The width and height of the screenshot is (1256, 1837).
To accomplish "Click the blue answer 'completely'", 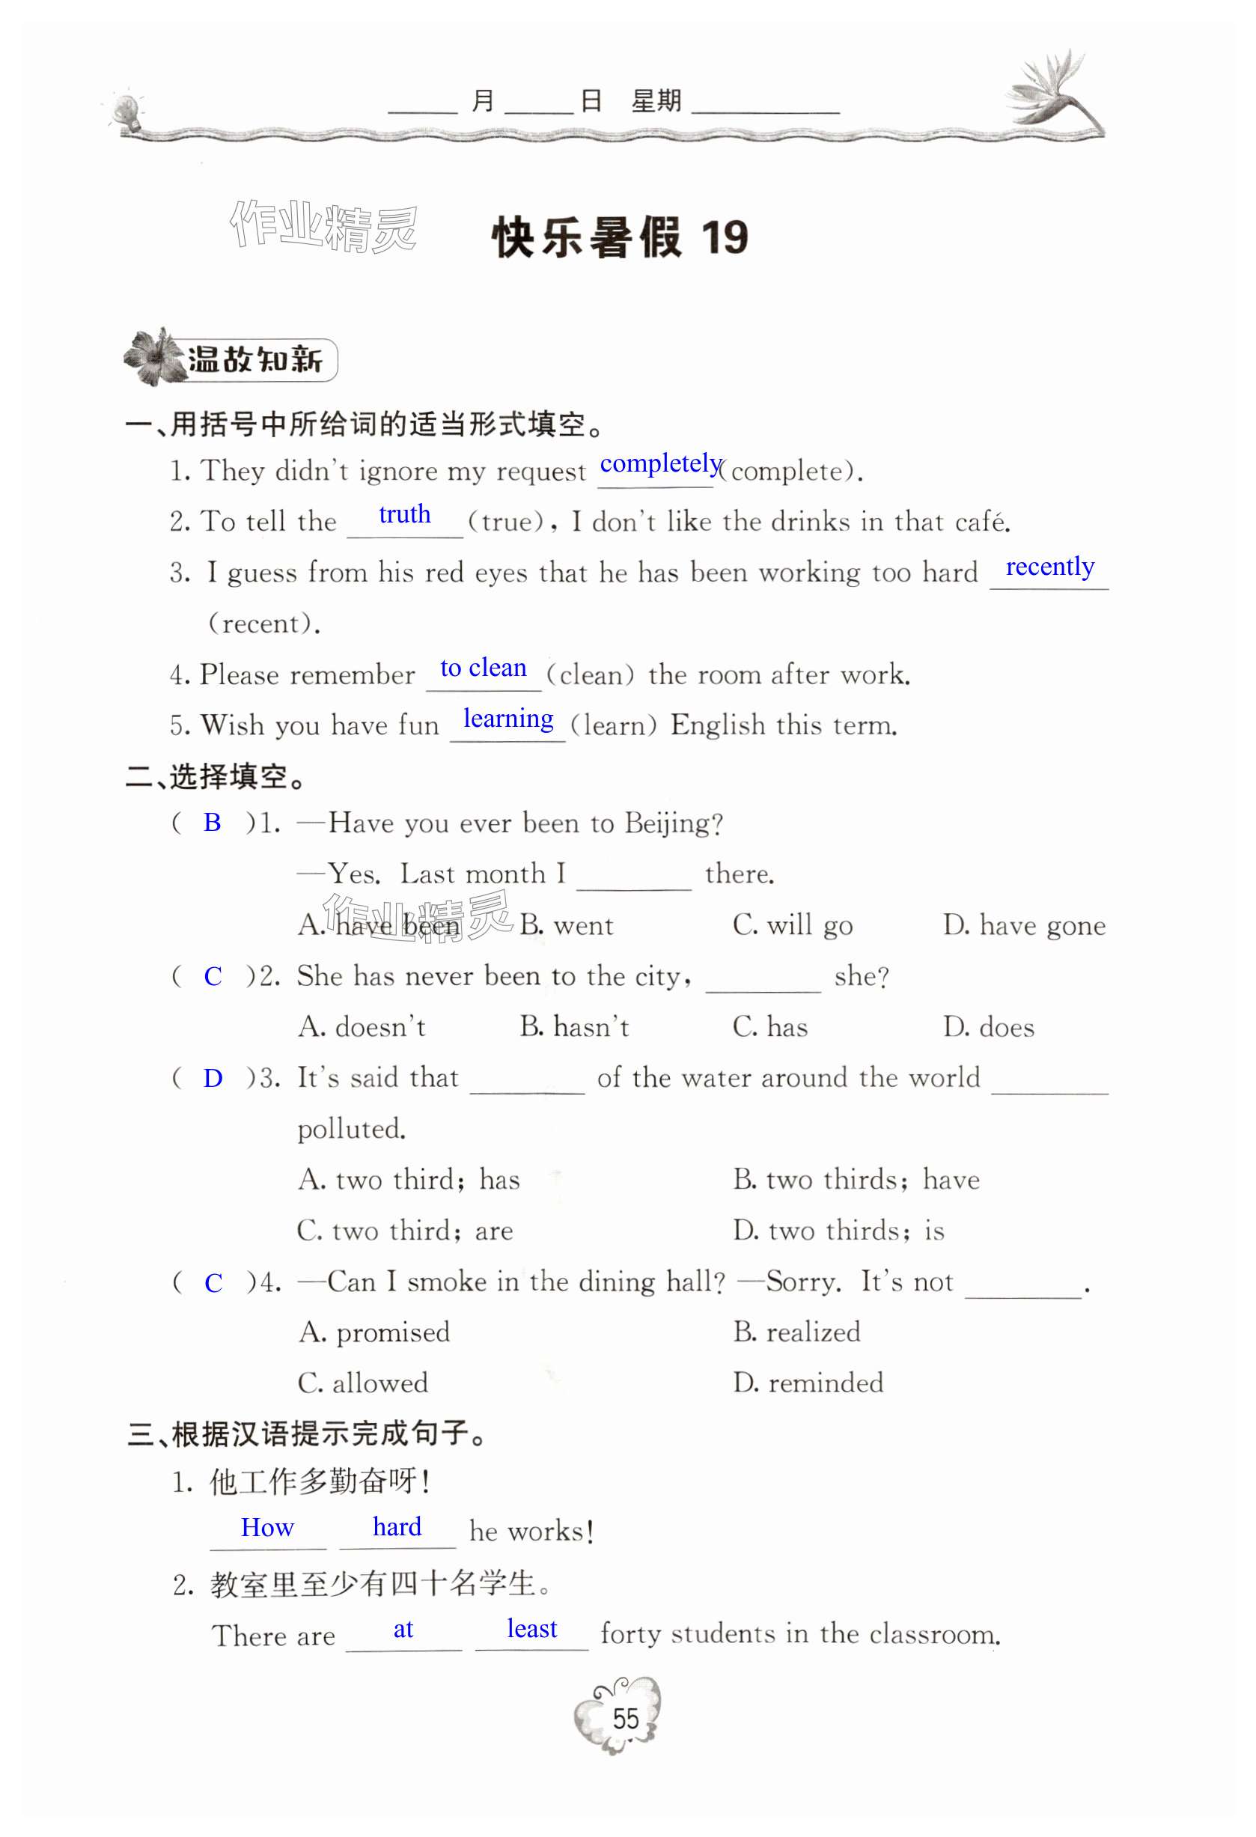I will point(660,463).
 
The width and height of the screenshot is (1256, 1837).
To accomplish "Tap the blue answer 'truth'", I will point(405,514).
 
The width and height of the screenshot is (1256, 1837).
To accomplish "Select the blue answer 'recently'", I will point(1049,566).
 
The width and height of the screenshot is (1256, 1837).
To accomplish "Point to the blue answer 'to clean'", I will point(483,668).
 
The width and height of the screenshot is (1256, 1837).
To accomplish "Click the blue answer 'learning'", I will point(508,719).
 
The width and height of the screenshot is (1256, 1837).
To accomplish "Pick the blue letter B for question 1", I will point(212,822).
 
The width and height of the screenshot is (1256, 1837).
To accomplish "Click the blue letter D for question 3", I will point(213,1078).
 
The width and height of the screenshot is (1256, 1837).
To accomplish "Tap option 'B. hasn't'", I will point(574,1027).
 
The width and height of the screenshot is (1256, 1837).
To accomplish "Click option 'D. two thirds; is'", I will point(838,1231).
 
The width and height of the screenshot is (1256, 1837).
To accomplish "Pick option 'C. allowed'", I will point(363,1383).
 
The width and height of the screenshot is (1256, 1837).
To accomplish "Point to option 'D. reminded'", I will point(808,1383).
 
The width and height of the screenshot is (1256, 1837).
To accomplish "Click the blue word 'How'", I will point(267,1527).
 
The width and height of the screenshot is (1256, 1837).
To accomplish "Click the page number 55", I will point(625,1719).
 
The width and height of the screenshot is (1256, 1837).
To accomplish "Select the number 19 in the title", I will point(723,237).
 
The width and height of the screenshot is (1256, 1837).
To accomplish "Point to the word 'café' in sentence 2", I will point(982,522).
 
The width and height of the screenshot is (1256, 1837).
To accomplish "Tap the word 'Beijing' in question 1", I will point(672,823).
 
